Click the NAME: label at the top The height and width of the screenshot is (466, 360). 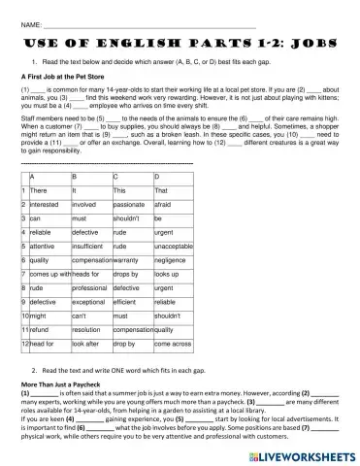(30, 21)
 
